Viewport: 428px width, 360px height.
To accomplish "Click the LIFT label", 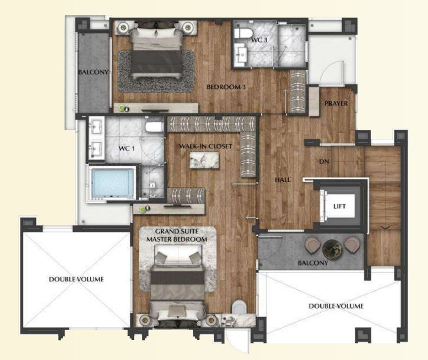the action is [339, 206].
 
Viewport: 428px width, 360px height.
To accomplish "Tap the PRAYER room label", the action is [336, 103].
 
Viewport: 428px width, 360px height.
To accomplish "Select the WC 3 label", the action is [259, 40].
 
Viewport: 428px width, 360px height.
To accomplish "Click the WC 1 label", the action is [126, 149].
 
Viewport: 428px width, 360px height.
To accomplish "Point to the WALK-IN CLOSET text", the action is [206, 146].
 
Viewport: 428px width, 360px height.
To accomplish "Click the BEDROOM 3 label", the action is [226, 87].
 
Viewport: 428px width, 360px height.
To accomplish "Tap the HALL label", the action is [283, 180].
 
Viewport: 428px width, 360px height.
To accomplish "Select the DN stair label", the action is [324, 162].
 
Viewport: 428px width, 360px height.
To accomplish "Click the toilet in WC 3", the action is [243, 33].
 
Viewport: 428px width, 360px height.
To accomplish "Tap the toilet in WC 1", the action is [154, 127].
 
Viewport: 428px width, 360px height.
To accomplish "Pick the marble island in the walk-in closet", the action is [204, 160].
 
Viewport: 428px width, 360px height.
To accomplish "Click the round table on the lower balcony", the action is [332, 249].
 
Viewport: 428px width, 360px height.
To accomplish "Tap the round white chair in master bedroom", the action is [239, 307].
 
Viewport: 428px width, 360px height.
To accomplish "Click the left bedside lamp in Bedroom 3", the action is [124, 27].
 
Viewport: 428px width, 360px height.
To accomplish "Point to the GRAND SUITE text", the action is [177, 232].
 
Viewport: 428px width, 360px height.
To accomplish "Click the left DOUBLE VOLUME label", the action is [76, 280].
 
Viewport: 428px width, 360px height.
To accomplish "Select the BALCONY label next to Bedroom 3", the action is [93, 72].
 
